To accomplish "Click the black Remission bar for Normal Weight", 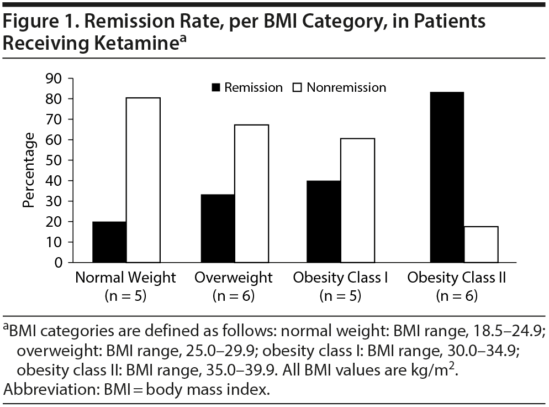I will click(x=109, y=242).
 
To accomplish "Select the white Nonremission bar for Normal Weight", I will click(x=143, y=180).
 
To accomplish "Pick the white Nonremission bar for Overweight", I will click(x=251, y=193).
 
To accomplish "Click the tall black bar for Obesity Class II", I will click(x=446, y=177).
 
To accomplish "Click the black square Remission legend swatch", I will click(x=215, y=87).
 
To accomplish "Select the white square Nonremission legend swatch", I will click(x=298, y=87).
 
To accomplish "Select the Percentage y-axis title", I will click(x=29, y=170).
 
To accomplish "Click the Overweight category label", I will click(x=233, y=278).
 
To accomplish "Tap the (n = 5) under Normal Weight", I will click(x=125, y=296).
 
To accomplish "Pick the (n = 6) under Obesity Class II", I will click(x=457, y=296).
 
